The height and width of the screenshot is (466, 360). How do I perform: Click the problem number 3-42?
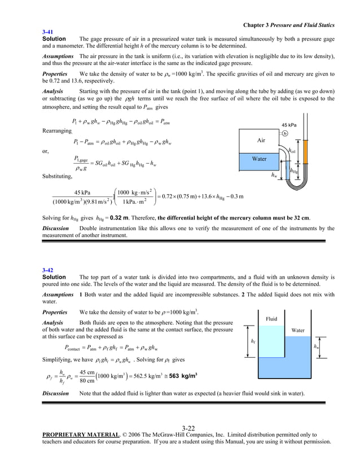click(47, 270)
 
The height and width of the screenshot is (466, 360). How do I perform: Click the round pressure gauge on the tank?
click(285, 134)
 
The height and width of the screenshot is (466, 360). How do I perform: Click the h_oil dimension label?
click(292, 151)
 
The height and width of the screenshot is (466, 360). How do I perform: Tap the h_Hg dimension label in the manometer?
click(293, 171)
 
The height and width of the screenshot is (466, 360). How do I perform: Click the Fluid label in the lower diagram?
click(271, 319)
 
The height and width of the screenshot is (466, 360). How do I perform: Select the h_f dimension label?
click(253, 341)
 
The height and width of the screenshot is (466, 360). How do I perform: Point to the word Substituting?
click(58, 176)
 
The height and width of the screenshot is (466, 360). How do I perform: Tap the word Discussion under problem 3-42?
click(55, 393)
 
